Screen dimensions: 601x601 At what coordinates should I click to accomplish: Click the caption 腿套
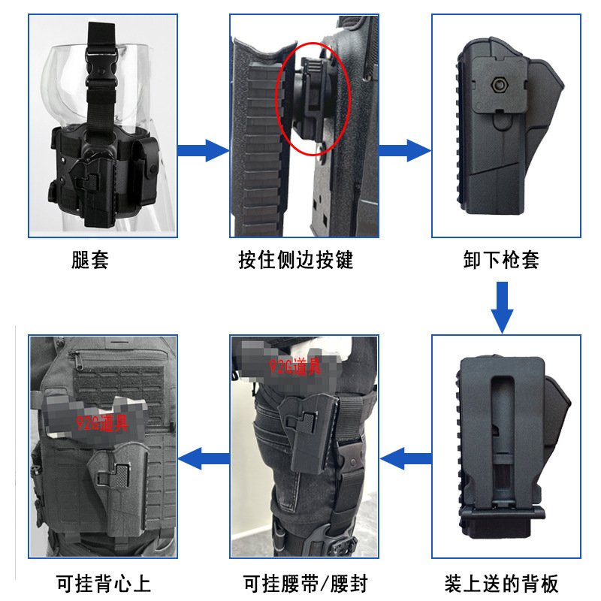[91, 261]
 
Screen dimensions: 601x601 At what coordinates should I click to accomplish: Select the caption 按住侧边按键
[296, 261]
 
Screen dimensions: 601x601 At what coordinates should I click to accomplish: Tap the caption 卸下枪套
[501, 261]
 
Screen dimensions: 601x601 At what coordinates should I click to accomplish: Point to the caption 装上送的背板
[501, 583]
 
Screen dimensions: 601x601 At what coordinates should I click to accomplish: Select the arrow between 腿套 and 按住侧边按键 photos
[203, 149]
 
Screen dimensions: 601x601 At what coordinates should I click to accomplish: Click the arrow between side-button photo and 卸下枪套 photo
[405, 149]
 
